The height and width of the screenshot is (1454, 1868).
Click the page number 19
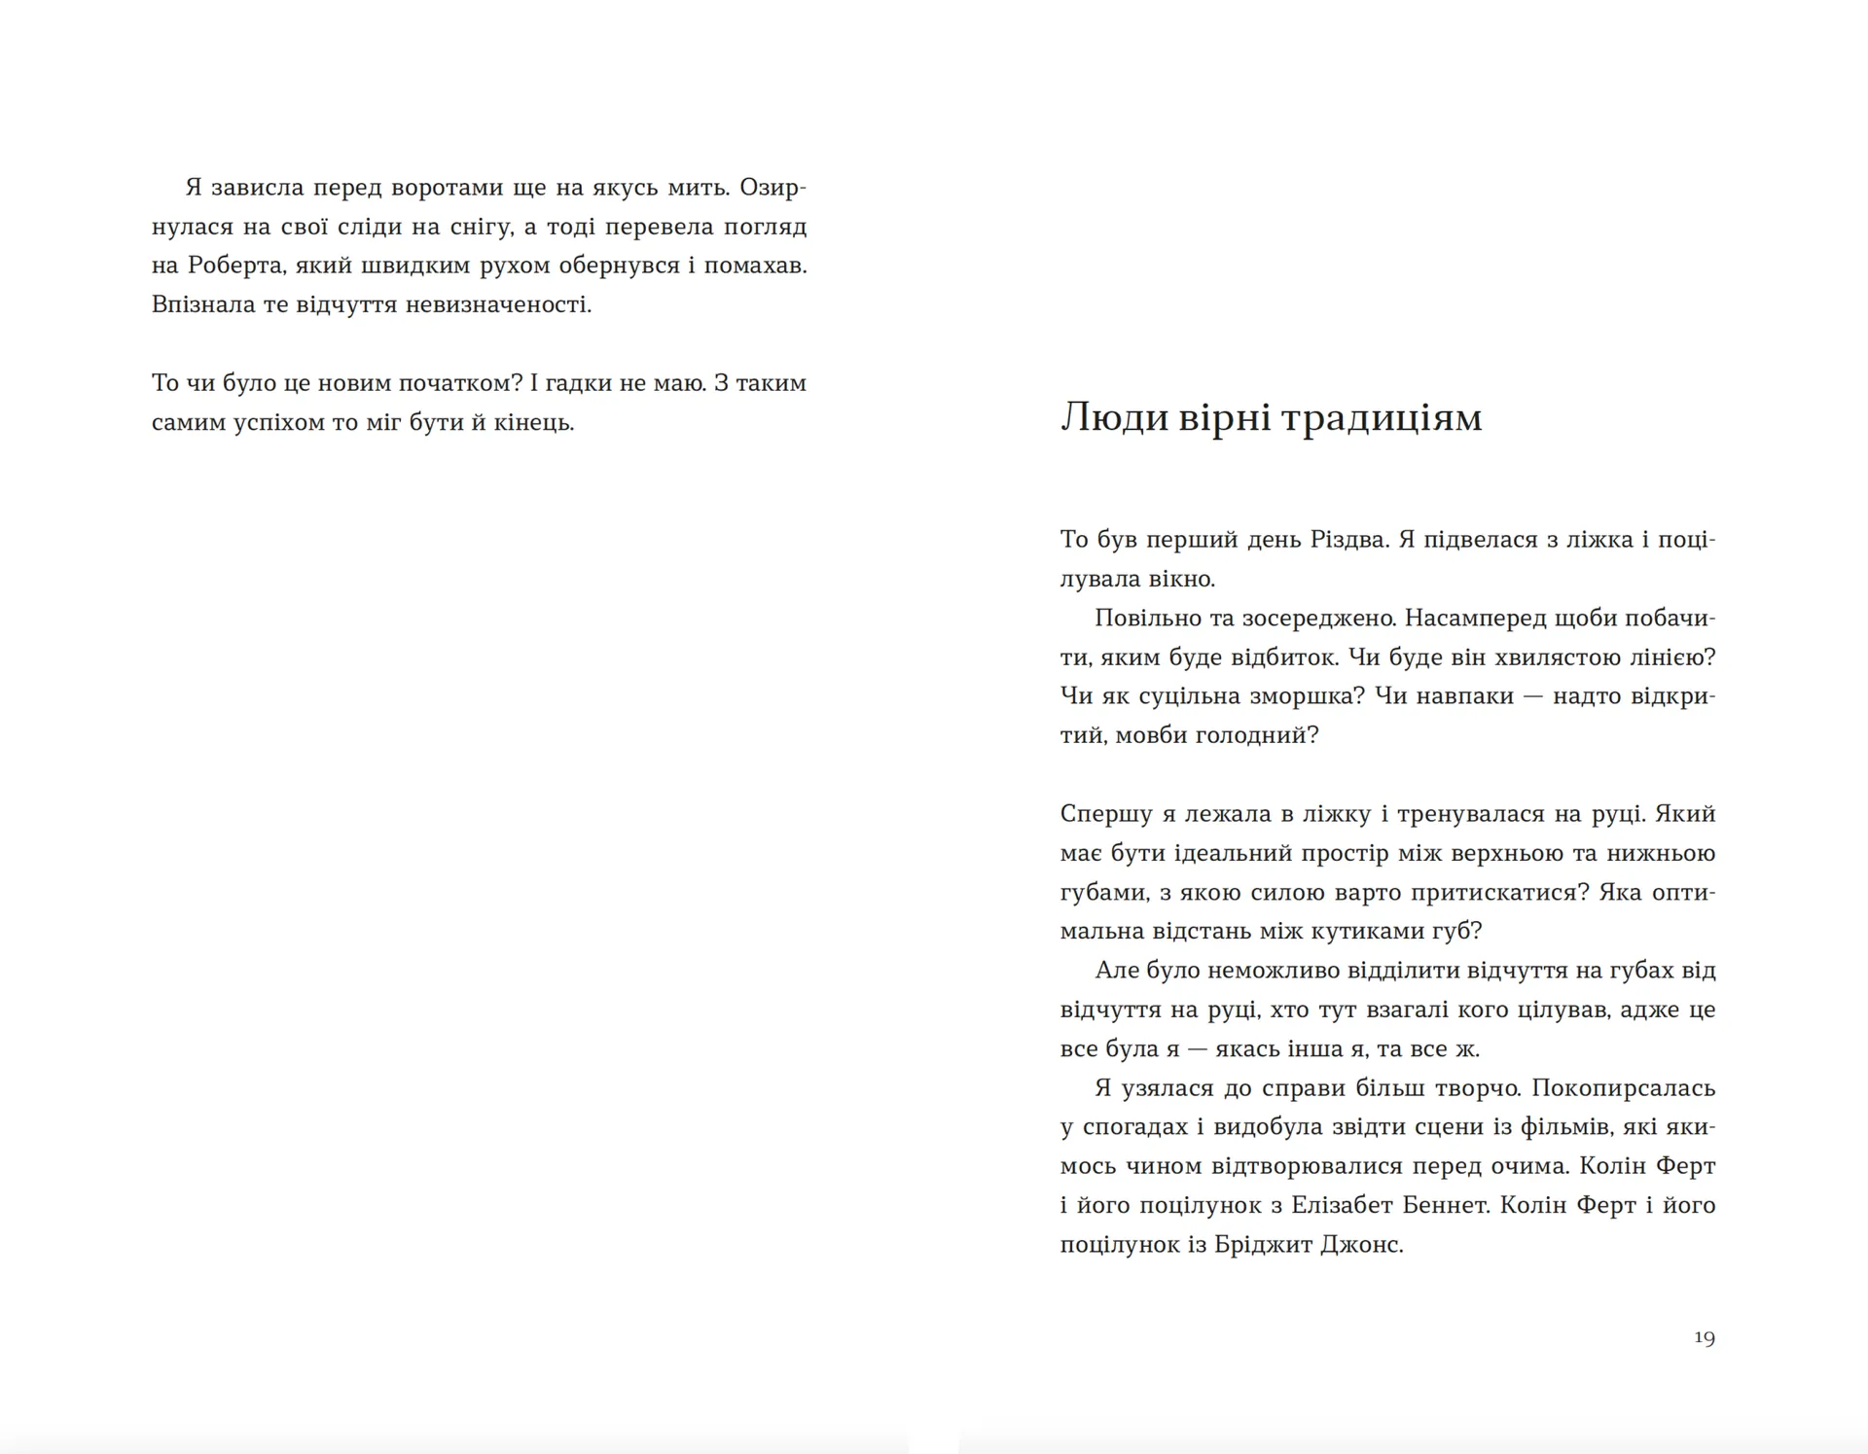(x=1704, y=1337)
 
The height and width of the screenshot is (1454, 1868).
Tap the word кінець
(x=534, y=423)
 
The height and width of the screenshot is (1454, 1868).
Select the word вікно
(x=1183, y=580)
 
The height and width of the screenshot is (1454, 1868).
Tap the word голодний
(x=1258, y=735)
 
